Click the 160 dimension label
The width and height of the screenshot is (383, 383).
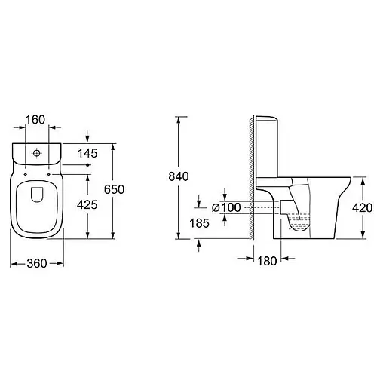[35, 120]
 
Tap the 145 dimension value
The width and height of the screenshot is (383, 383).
[87, 153]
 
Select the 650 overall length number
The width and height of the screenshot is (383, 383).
[115, 189]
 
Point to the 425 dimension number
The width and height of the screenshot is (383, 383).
[87, 205]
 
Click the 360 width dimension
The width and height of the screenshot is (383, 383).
[37, 263]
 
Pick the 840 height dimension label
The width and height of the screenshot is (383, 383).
[179, 176]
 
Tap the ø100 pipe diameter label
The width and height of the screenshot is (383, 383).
[226, 207]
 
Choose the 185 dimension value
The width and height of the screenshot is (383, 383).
[199, 223]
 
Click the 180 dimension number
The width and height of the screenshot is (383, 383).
[267, 261]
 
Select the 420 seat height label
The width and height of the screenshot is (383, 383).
[363, 208]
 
